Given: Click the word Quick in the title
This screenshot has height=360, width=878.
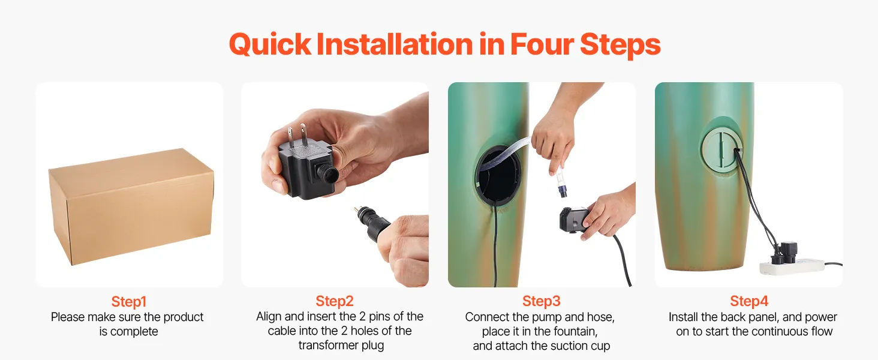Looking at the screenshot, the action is click(270, 44).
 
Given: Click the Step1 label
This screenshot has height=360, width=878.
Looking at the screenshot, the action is click(129, 302).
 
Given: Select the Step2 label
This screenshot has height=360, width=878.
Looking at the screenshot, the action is click(335, 301).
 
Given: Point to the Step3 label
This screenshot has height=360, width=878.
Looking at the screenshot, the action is click(542, 301).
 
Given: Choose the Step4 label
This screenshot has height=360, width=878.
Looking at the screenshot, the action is click(749, 301).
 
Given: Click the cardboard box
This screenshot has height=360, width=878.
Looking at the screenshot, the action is click(131, 206).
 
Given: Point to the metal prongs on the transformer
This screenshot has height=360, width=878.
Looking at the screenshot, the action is click(297, 135).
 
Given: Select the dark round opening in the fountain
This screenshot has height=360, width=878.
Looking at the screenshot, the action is click(498, 175).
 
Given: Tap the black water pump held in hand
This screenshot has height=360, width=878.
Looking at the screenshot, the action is click(574, 221).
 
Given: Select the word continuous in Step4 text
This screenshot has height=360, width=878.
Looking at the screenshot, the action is click(774, 331).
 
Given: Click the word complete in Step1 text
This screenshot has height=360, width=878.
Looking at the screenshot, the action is click(134, 332).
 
